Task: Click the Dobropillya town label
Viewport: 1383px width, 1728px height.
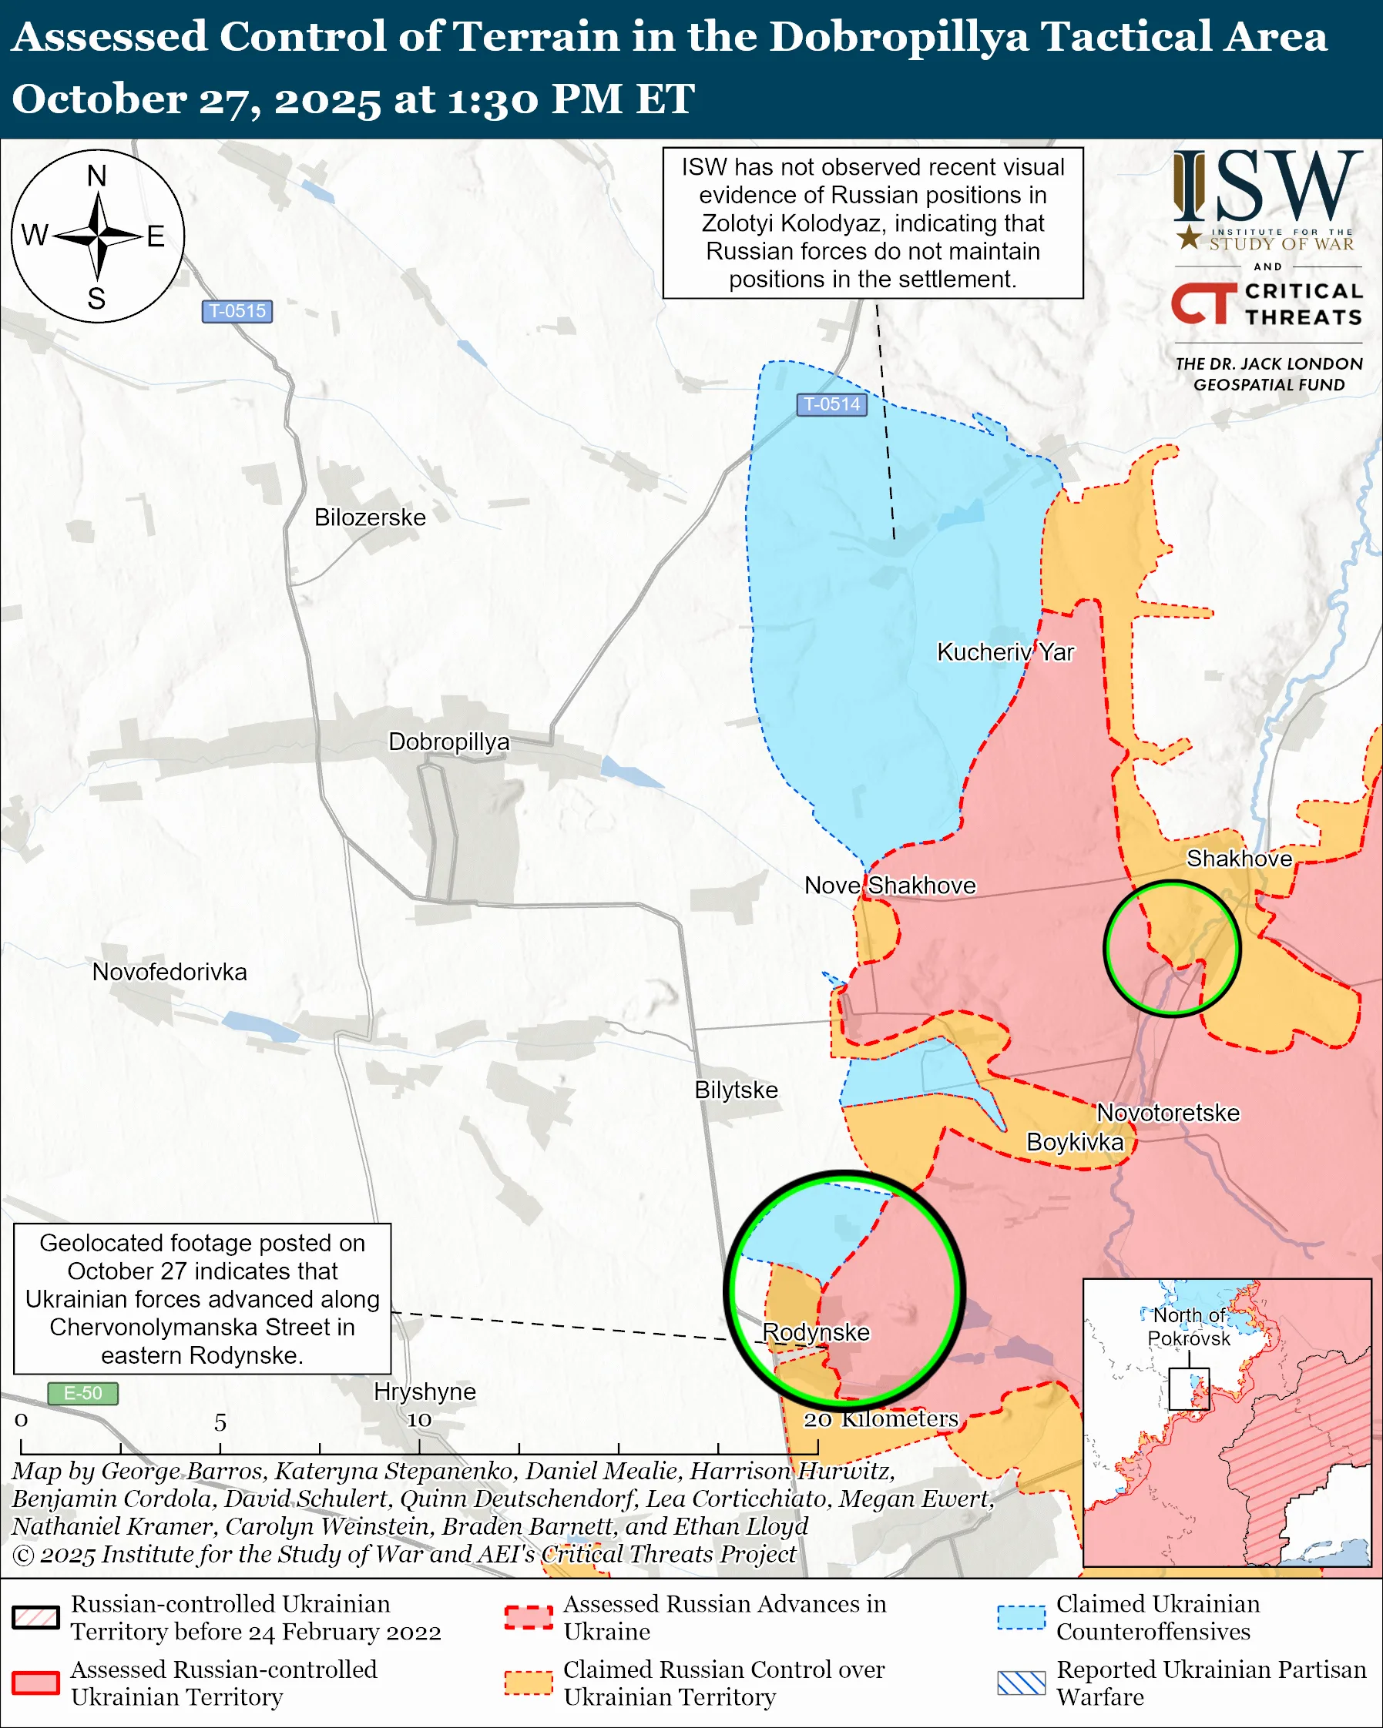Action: [x=448, y=742]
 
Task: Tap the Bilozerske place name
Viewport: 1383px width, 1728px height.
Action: [x=370, y=517]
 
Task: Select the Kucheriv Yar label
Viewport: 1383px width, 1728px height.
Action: [x=1005, y=651]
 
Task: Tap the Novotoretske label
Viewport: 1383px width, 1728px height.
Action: [x=1167, y=1113]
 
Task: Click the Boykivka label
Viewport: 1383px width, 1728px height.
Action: [x=1074, y=1141]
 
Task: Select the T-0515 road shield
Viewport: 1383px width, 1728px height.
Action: [x=237, y=311]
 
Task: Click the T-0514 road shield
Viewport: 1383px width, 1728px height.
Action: [x=831, y=404]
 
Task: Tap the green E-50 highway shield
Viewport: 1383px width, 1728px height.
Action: [x=82, y=1393]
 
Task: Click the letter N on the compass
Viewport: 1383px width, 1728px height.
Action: [x=97, y=176]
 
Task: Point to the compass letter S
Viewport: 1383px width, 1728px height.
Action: [x=97, y=298]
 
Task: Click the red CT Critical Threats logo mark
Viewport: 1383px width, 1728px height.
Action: [x=1203, y=303]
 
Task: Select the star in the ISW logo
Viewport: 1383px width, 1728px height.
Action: [x=1189, y=237]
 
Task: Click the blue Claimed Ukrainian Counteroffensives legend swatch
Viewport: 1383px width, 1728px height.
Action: [x=1021, y=1617]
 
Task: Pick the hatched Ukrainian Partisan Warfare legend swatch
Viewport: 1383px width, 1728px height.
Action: [x=1021, y=1683]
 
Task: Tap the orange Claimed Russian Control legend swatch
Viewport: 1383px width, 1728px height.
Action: [x=529, y=1683]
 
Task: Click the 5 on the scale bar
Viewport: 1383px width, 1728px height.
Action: [x=220, y=1422]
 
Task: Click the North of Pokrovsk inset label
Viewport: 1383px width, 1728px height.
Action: [x=1189, y=1328]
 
